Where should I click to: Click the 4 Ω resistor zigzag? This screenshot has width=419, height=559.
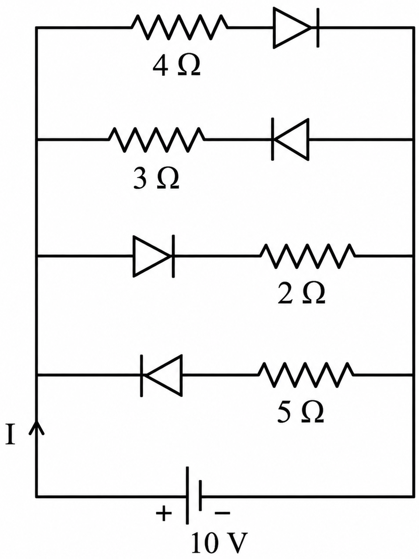tap(180, 27)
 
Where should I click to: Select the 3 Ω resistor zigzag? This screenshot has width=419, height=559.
tap(156, 140)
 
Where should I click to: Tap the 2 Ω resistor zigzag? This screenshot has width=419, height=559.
tap(308, 256)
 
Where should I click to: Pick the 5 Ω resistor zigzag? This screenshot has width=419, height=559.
tap(306, 375)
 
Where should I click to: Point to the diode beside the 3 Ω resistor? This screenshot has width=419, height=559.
tap(290, 139)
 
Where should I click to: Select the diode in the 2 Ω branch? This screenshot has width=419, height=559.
tap(154, 256)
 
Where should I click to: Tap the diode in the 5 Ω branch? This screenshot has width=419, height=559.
tap(162, 375)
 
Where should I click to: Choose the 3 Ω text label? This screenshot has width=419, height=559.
tap(156, 180)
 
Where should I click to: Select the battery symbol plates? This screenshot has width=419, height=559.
tap(194, 496)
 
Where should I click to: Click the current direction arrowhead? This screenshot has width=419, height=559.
tap(36, 427)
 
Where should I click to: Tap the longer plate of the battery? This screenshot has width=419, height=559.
tap(187, 496)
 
